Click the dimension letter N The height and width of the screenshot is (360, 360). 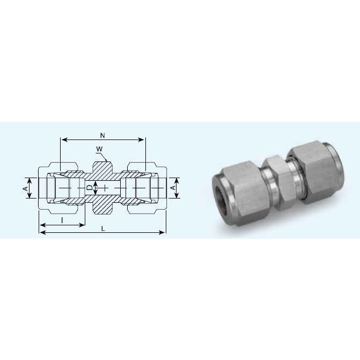pyautogui.click(x=102, y=135)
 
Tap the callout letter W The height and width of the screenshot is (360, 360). pyautogui.click(x=99, y=149)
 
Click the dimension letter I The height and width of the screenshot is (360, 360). pyautogui.click(x=62, y=220)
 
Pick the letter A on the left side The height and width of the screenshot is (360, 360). pyautogui.click(x=25, y=188)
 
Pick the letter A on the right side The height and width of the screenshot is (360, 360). pyautogui.click(x=173, y=188)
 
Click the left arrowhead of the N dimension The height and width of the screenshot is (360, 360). pyautogui.click(x=63, y=139)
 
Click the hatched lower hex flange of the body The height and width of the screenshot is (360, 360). pyautogui.click(x=102, y=209)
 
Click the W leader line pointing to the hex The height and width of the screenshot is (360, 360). pyautogui.click(x=105, y=155)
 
